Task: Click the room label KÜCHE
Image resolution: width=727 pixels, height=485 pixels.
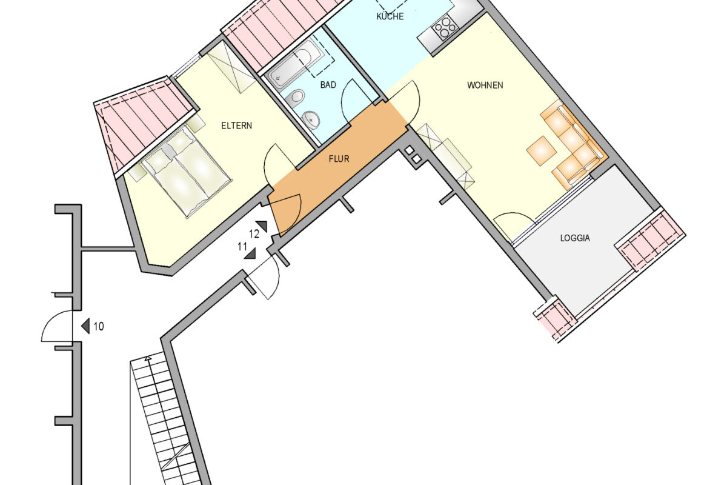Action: click(390, 16)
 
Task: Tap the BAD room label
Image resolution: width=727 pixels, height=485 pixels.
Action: click(328, 85)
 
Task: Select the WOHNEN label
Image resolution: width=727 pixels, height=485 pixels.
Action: click(485, 85)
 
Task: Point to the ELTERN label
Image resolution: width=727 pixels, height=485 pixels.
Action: click(236, 126)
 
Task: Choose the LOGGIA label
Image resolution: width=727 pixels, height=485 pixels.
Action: click(574, 238)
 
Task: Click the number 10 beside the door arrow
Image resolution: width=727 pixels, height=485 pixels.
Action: click(99, 326)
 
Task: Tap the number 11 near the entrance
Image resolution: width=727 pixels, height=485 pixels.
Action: click(242, 246)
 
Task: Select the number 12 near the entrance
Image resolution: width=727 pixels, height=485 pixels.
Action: click(254, 233)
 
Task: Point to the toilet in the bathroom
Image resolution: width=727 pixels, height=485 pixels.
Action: click(296, 97)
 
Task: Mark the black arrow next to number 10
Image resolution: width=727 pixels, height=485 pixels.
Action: click(86, 326)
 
